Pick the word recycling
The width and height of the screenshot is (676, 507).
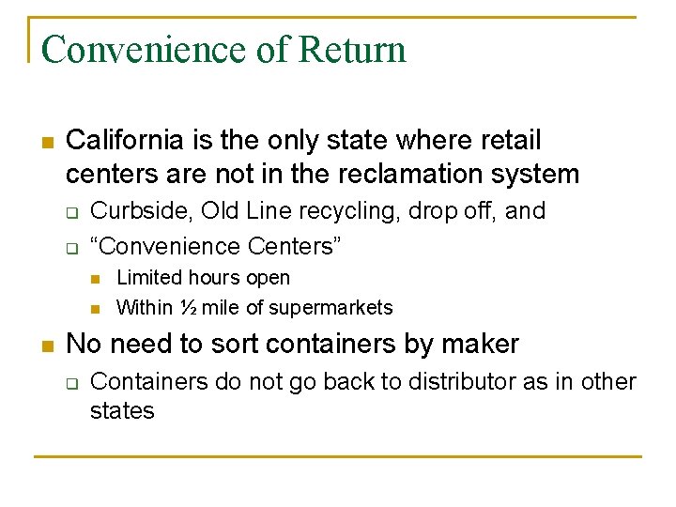pyautogui.click(x=344, y=211)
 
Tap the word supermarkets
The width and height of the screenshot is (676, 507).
pyautogui.click(x=331, y=307)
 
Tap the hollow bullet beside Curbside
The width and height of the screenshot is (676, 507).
pyautogui.click(x=70, y=212)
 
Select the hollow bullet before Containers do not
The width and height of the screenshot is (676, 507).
pyautogui.click(x=70, y=383)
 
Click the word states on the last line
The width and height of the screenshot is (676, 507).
pyautogui.click(x=122, y=411)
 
